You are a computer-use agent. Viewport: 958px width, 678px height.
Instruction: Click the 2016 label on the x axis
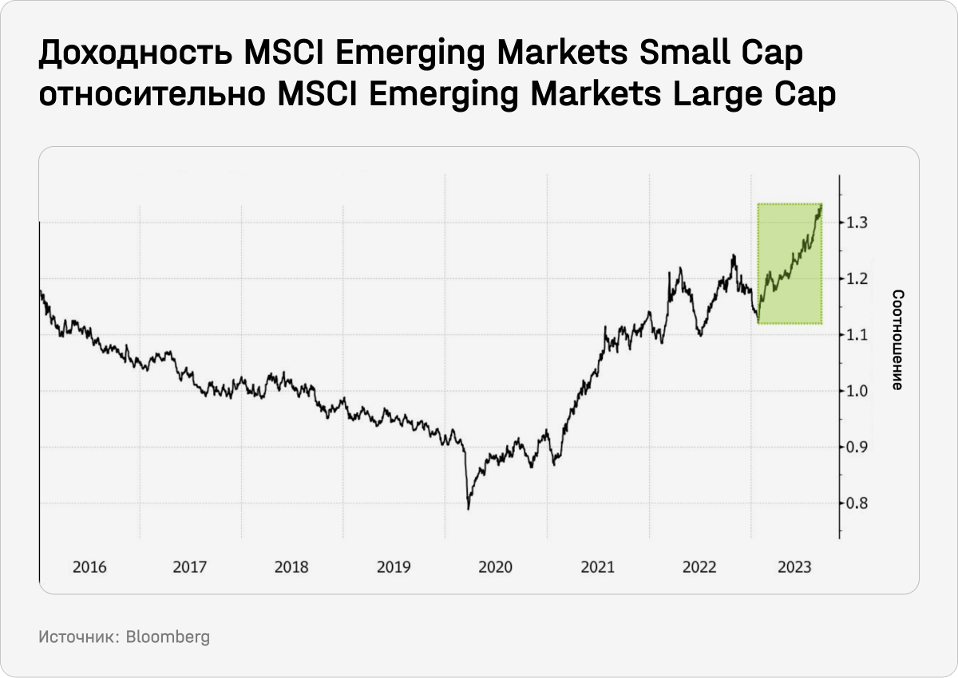click(x=89, y=568)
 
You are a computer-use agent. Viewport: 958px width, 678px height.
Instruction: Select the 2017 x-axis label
click(x=190, y=568)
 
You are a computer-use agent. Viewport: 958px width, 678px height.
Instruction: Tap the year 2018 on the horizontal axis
click(x=291, y=568)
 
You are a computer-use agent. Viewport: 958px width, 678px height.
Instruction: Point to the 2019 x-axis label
click(x=393, y=568)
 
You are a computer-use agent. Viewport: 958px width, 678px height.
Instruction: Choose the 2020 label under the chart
click(x=495, y=568)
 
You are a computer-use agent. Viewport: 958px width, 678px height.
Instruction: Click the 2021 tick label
click(x=597, y=568)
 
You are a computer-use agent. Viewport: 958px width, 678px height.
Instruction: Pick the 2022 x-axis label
click(x=699, y=568)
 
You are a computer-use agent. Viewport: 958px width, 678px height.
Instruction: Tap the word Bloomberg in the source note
click(x=168, y=638)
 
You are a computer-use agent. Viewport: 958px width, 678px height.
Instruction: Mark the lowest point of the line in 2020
click(x=469, y=509)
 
